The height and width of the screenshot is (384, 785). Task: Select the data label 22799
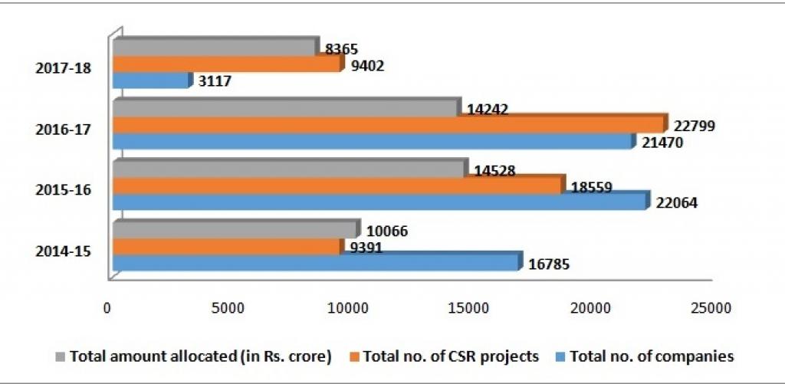tap(694, 125)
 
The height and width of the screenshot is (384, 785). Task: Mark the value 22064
tap(676, 203)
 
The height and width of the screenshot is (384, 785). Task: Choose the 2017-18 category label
tap(64, 67)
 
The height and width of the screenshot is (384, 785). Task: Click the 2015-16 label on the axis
tap(64, 189)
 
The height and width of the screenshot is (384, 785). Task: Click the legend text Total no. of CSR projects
tap(452, 356)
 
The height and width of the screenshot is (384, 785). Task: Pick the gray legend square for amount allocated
tap(61, 356)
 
